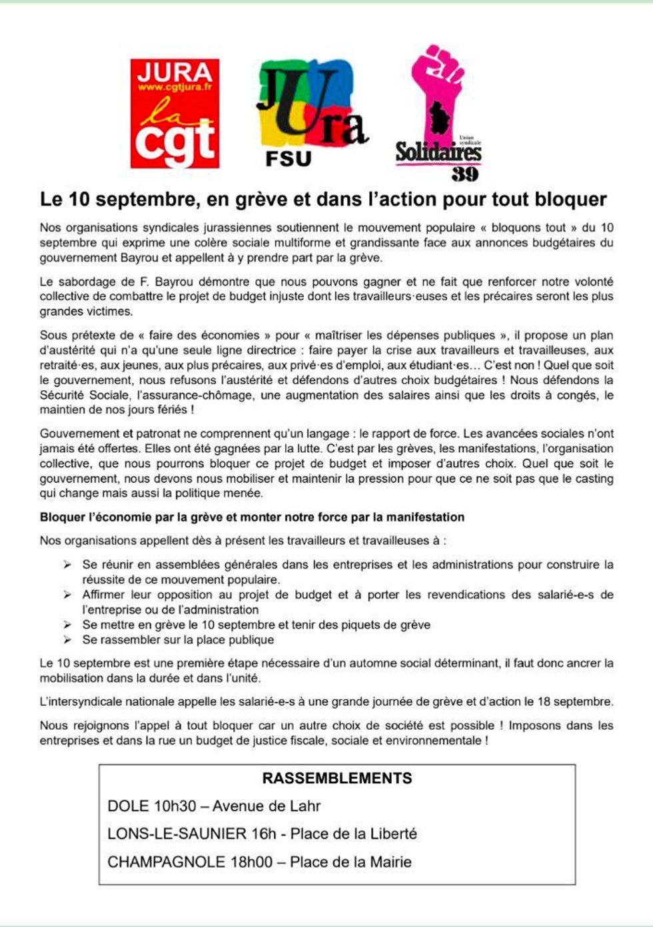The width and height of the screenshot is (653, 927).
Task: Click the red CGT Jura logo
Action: point(175,113)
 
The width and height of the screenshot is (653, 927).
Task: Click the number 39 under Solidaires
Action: point(464,174)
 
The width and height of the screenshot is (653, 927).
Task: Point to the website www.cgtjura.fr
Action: point(175,87)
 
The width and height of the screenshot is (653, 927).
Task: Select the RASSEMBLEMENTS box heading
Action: point(336,778)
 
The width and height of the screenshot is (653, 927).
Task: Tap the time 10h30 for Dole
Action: point(175,806)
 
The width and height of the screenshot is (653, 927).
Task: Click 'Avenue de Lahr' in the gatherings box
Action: point(267,806)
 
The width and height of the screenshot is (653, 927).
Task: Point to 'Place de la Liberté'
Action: point(353,834)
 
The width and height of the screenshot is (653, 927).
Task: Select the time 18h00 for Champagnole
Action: point(251,862)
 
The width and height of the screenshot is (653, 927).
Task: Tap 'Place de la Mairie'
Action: point(350,862)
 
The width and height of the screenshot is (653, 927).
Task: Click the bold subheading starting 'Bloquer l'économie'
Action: point(252,517)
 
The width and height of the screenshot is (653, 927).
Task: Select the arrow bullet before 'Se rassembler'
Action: point(67,640)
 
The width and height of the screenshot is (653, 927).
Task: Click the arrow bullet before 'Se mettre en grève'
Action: point(67,625)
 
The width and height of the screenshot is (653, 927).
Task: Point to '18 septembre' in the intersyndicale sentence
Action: point(578,701)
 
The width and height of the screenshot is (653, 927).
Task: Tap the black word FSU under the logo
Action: point(288,159)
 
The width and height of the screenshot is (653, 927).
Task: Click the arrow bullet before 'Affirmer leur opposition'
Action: point(67,595)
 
